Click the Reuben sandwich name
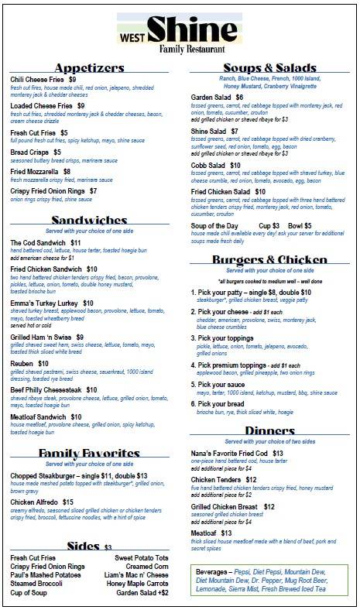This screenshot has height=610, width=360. (x=24, y=363)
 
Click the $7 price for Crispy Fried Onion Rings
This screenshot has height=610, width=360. (x=94, y=190)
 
